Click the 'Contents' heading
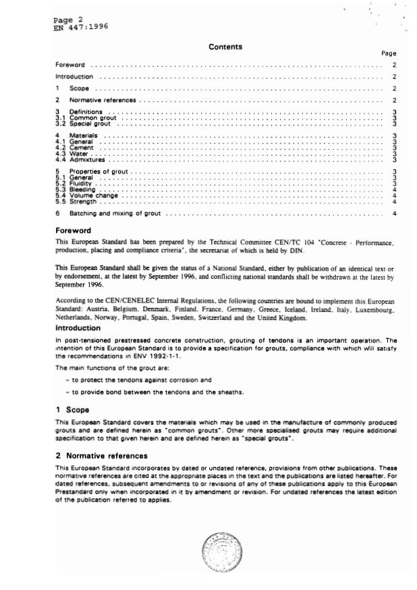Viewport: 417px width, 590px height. click(225, 47)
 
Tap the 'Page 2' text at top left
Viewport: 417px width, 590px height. click(67, 20)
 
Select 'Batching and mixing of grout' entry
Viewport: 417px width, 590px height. click(115, 213)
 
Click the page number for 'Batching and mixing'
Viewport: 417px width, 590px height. click(393, 213)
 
